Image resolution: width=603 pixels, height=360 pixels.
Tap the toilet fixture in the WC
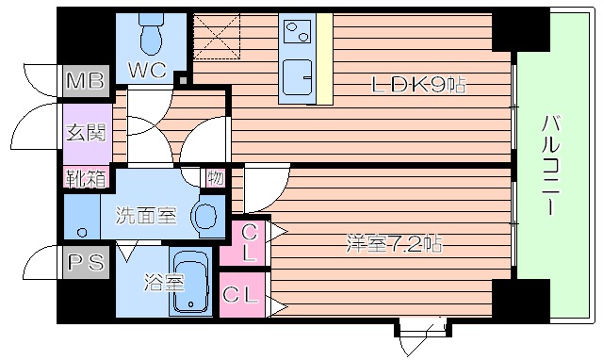(151, 36)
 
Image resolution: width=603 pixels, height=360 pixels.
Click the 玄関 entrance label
(85, 133)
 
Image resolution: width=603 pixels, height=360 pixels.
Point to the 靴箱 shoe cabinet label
(85, 176)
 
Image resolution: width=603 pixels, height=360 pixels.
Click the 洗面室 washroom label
(146, 216)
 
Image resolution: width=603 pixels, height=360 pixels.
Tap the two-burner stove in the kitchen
(299, 34)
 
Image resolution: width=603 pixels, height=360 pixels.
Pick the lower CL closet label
(241, 295)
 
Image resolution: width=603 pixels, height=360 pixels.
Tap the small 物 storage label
(216, 176)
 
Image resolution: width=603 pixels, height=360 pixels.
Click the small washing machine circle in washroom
(83, 231)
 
